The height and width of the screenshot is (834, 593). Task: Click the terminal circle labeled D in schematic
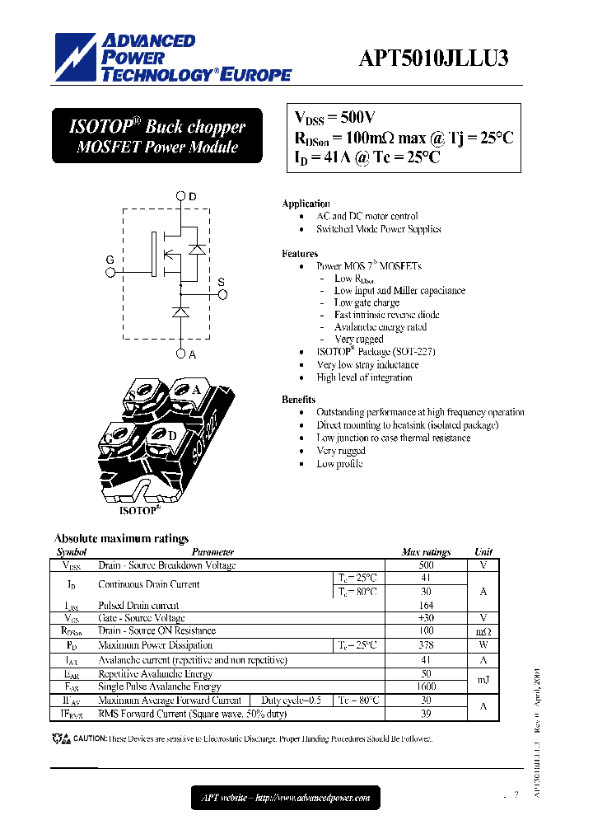click(x=180, y=196)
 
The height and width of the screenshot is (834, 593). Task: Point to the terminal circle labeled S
click(x=222, y=293)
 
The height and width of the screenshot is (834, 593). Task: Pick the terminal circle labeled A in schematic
click(x=180, y=354)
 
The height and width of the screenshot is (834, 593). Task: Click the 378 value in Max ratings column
click(x=426, y=645)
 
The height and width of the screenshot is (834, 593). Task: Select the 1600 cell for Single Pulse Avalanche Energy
click(x=426, y=686)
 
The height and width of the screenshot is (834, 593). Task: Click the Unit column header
click(x=483, y=552)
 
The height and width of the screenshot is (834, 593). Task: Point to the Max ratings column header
click(x=426, y=552)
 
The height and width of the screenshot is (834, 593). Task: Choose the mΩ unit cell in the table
click(x=483, y=631)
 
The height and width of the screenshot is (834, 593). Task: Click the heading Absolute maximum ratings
click(x=121, y=538)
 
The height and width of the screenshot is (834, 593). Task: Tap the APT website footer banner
click(x=286, y=797)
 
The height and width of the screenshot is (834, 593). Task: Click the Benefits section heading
click(x=298, y=400)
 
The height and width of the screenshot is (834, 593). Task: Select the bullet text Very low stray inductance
click(x=367, y=365)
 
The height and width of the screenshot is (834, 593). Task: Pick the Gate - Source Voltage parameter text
click(x=141, y=618)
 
